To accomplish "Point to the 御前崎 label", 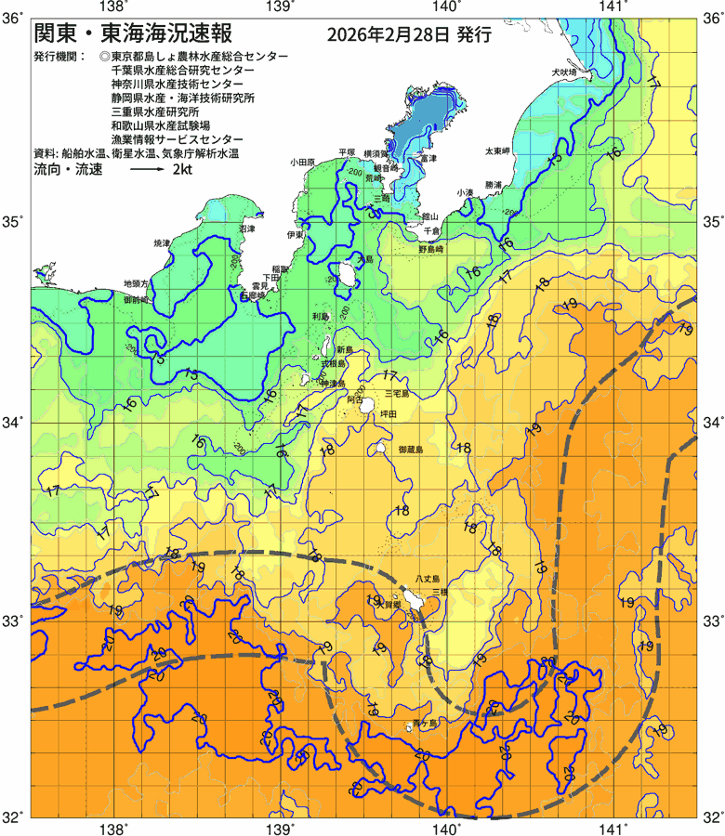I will tap(136, 300).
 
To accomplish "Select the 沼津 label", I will tap(246, 228).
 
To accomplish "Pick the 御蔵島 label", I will tap(410, 450).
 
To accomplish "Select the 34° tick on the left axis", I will tap(13, 423).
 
